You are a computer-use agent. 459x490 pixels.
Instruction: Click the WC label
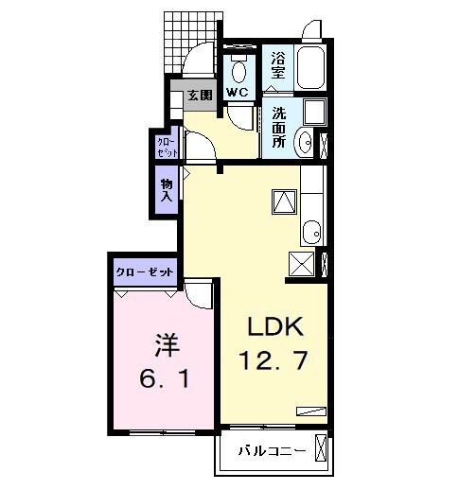pyautogui.click(x=237, y=93)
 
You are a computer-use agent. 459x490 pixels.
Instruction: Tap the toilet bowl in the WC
pyautogui.click(x=238, y=70)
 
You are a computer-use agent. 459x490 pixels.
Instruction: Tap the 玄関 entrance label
pyautogui.click(x=199, y=95)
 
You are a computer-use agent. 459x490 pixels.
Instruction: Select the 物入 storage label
pyautogui.click(x=167, y=190)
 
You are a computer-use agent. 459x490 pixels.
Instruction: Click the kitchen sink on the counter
pyautogui.click(x=312, y=231)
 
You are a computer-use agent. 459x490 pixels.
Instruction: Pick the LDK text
pyautogui.click(x=274, y=326)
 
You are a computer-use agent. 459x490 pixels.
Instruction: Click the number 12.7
pyautogui.click(x=274, y=360)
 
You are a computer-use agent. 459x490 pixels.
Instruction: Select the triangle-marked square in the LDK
pyautogui.click(x=286, y=201)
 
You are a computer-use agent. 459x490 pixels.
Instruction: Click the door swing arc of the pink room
pyautogui.click(x=199, y=295)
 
